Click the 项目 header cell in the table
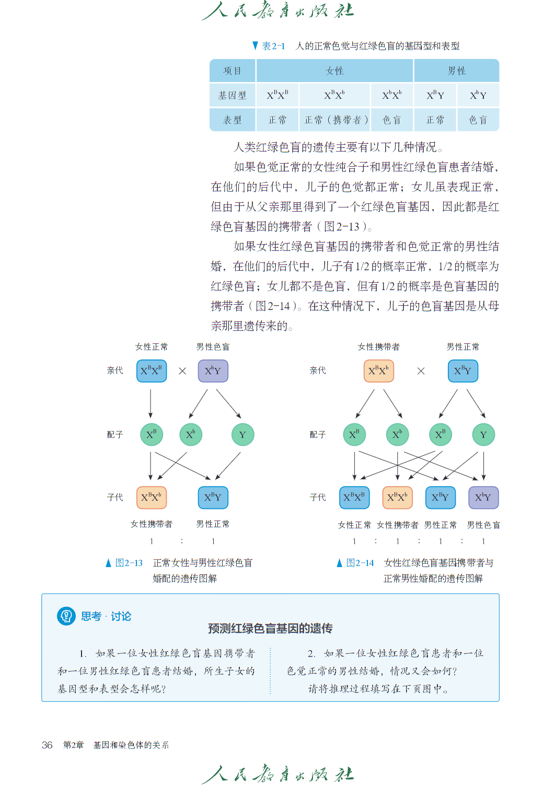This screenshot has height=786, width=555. tap(233, 71)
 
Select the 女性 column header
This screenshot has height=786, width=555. tap(334, 71)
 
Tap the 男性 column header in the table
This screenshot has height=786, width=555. tap(456, 71)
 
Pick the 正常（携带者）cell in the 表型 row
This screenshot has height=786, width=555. tap(334, 120)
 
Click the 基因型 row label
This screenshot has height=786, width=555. tap(233, 95)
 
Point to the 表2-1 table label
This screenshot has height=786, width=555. tap(273, 46)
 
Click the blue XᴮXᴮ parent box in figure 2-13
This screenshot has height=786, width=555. tap(152, 371)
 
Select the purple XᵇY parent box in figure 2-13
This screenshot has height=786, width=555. tap(213, 371)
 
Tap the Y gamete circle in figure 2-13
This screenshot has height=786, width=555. tap(243, 435)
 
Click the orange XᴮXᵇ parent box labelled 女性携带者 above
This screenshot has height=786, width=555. tap(378, 371)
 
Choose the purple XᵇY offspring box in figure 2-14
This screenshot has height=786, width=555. tap(483, 498)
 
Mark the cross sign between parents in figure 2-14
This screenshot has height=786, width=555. tap(421, 371)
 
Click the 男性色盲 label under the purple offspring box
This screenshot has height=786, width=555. tap(483, 525)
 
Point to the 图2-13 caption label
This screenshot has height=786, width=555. tap(129, 563)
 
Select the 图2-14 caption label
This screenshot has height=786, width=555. tap(360, 563)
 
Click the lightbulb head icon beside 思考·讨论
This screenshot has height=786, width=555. tap(66, 616)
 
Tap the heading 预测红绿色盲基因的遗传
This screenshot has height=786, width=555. tap(270, 628)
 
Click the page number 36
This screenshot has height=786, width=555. tap(47, 745)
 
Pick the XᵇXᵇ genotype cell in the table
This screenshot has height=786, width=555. tap(392, 95)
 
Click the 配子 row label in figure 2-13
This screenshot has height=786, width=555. tap(115, 435)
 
